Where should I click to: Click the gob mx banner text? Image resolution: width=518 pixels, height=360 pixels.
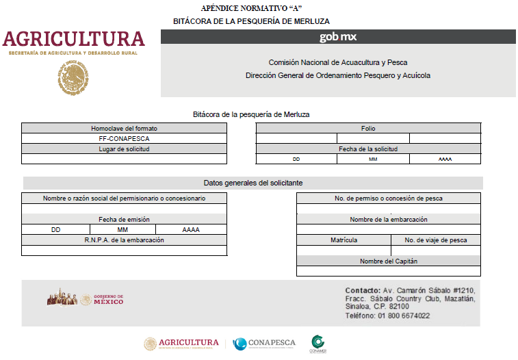(338, 37)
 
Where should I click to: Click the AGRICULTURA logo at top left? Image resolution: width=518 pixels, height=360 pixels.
(73, 40)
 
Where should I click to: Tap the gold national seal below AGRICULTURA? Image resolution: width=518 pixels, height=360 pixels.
(73, 77)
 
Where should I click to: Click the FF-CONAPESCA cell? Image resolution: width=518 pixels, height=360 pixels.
(124, 138)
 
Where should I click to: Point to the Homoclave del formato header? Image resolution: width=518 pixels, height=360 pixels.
(124, 128)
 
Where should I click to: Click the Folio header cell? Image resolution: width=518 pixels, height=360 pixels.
(368, 128)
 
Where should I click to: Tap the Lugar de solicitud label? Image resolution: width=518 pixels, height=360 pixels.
(124, 149)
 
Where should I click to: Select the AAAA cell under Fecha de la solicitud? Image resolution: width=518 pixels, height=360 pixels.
(445, 159)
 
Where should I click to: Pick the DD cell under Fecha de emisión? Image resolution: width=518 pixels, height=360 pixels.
(55, 230)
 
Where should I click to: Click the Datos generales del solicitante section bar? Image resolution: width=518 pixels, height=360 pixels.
(253, 183)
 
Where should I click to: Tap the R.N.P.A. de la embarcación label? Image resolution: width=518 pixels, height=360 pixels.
(124, 240)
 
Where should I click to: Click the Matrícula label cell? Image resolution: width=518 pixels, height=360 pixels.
(344, 240)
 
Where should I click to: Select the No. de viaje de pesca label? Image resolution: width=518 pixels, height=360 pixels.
(436, 240)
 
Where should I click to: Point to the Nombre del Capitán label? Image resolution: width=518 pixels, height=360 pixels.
(388, 261)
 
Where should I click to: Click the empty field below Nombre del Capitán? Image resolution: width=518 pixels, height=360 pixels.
(388, 271)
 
